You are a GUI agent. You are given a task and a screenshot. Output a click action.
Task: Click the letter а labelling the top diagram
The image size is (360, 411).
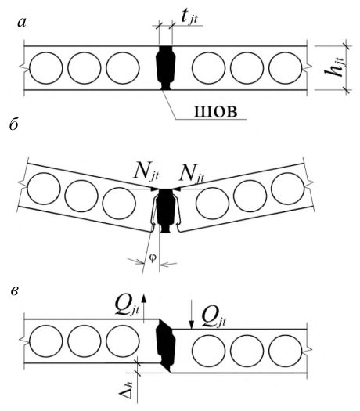(22, 23)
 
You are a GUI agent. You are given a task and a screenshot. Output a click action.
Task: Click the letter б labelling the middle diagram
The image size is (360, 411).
(13, 124)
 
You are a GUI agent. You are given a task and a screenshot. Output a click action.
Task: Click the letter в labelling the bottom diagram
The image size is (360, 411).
(15, 291)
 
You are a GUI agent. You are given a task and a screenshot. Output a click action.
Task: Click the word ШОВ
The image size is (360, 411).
(216, 112)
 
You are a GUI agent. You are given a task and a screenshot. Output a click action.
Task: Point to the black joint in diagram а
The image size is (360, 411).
(165, 68)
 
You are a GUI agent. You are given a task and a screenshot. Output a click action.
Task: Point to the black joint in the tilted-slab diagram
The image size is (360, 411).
(165, 211)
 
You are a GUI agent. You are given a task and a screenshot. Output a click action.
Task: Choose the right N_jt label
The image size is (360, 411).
(192, 175)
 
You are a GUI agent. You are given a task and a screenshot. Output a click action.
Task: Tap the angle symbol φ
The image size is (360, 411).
(153, 258)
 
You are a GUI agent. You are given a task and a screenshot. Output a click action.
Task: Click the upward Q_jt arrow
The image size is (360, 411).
(143, 308)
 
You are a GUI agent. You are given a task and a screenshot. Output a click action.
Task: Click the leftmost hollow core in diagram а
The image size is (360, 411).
(46, 68)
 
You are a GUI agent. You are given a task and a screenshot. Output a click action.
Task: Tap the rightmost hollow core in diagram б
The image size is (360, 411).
(288, 189)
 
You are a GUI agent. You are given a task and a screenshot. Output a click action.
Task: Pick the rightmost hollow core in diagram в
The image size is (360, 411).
(286, 351)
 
